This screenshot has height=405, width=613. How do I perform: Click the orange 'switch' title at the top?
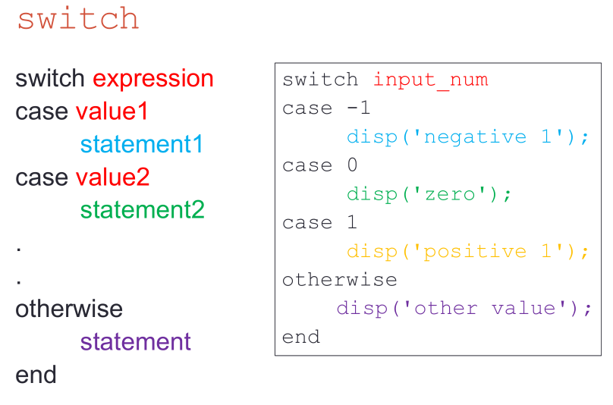tap(78, 18)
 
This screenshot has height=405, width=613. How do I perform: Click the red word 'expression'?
tap(153, 80)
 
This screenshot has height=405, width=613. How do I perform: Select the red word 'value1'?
tap(112, 111)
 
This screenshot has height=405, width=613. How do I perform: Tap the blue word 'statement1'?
tap(142, 144)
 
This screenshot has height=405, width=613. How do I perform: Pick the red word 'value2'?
tap(112, 177)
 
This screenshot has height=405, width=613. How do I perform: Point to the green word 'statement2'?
tap(143, 210)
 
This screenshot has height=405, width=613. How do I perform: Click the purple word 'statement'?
tap(135, 341)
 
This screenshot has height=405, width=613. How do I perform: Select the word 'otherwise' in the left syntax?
tap(69, 309)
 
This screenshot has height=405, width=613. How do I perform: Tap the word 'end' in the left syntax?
tap(36, 375)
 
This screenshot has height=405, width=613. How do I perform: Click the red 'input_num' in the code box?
tap(431, 80)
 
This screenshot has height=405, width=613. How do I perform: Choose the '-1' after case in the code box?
tap(359, 108)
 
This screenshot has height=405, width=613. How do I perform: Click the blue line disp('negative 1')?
tap(467, 137)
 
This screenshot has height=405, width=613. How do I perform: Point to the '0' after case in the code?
tap(352, 165)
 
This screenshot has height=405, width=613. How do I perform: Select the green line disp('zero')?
tap(429, 194)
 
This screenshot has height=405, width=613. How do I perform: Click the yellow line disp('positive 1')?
tap(467, 251)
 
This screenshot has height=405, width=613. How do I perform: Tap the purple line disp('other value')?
tap(464, 309)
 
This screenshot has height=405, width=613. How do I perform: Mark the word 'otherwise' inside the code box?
tap(339, 280)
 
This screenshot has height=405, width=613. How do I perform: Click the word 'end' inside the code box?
tap(301, 337)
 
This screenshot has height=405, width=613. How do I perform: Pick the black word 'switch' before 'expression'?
tap(49, 78)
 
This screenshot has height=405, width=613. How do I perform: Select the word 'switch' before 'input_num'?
tap(320, 80)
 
